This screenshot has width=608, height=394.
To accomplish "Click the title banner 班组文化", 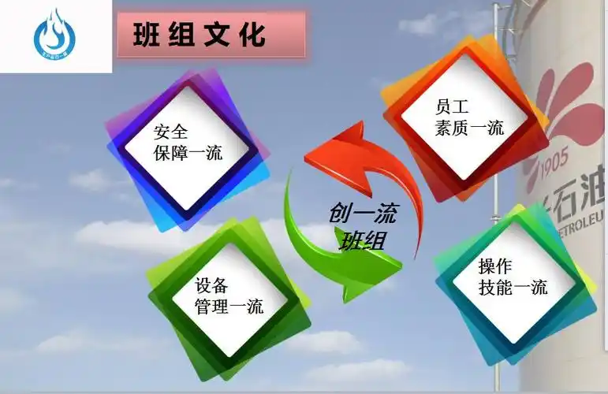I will (x=211, y=35).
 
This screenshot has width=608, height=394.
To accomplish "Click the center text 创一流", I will (x=363, y=214).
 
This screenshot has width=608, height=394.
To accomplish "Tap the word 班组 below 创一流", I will (x=362, y=240).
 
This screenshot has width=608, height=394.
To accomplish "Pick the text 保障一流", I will (x=188, y=152).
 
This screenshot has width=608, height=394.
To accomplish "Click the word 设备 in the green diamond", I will (x=211, y=284).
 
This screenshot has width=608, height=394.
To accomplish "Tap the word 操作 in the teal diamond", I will (x=495, y=266).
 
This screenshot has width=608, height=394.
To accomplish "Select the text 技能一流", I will (x=513, y=287).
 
